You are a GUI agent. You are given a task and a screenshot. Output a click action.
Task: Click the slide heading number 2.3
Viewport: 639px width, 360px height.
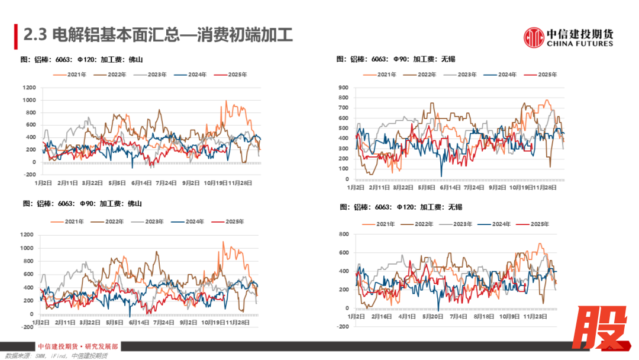[35, 36]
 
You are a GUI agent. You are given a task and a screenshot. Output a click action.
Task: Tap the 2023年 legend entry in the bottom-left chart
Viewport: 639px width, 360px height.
[154, 221]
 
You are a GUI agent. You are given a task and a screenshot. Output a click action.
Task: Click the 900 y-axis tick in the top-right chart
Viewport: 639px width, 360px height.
[343, 88]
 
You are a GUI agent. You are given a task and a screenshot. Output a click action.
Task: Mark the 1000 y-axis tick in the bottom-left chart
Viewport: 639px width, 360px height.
[27, 248]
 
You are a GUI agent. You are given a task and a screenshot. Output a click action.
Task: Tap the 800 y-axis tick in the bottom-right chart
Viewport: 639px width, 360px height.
[343, 234]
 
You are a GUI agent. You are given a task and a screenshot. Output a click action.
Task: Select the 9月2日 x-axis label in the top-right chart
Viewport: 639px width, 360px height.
[498, 187]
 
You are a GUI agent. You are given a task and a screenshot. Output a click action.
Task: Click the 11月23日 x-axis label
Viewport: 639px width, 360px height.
[535, 317]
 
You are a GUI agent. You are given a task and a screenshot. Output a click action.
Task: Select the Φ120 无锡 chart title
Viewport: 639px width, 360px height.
[401, 207]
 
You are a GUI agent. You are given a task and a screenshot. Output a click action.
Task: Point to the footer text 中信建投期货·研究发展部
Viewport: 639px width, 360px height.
[78, 347]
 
